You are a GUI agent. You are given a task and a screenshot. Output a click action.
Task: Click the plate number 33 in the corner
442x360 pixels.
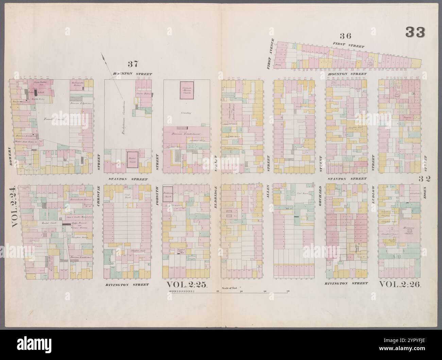click(415, 33)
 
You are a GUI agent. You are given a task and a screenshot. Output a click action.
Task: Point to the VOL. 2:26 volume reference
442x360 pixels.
click(400, 284)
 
